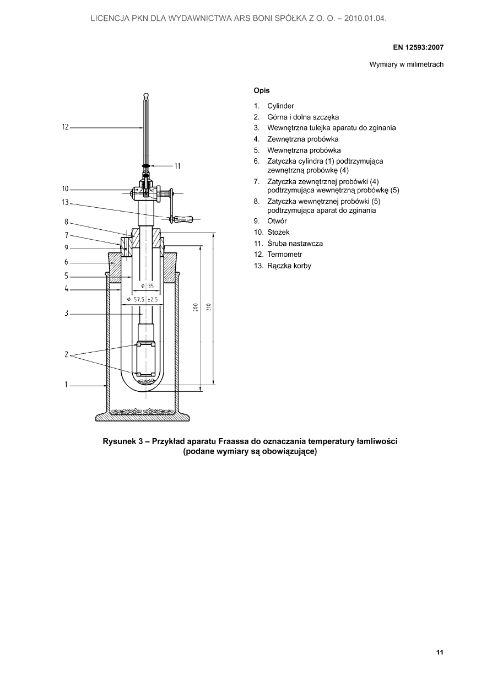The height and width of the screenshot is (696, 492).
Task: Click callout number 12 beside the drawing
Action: click(x=65, y=127)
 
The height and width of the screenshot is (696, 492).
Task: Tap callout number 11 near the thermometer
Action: click(x=177, y=166)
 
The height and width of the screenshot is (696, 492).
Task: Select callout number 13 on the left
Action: click(x=65, y=202)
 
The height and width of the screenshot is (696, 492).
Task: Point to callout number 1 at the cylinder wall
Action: click(x=66, y=385)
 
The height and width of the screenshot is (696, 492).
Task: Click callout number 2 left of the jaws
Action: click(x=66, y=354)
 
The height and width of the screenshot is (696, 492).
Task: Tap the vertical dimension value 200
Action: click(x=196, y=307)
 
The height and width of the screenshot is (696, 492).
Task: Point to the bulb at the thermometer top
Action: click(x=145, y=98)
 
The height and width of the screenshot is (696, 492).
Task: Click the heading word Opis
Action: click(x=261, y=90)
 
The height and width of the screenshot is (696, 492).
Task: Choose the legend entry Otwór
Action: click(x=277, y=221)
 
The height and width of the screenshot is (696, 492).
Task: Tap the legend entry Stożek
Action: click(x=278, y=232)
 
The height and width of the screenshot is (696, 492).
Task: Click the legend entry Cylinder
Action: click(x=280, y=106)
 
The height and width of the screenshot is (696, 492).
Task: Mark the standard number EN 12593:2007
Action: click(x=418, y=47)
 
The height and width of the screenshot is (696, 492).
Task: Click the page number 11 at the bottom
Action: click(x=440, y=652)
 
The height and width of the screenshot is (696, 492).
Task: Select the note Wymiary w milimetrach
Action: click(x=406, y=64)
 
